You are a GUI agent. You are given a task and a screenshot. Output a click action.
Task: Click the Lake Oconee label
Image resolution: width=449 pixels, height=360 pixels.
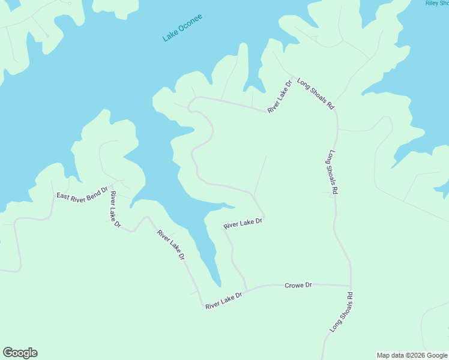tap(182, 27)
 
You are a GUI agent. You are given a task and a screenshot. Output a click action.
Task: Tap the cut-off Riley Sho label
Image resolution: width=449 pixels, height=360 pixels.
tap(436, 3)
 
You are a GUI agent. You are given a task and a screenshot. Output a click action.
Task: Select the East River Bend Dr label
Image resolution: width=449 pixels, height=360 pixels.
tap(82, 193)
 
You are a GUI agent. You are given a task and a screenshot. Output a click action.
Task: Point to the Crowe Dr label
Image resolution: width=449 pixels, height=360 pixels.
tap(298, 285)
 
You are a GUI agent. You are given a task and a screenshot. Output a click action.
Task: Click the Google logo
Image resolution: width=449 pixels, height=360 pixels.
tap(20, 353)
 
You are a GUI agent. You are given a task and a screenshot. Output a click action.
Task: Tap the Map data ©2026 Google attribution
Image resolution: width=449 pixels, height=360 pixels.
tap(412, 355)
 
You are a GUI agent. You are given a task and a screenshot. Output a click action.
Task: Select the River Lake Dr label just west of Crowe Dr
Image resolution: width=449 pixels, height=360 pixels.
tap(223, 301)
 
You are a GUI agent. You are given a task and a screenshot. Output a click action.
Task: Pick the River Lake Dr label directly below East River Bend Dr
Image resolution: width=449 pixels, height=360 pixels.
tap(115, 209)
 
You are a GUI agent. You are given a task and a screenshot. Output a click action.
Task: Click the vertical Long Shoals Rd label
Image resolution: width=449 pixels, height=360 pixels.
tap(332, 172)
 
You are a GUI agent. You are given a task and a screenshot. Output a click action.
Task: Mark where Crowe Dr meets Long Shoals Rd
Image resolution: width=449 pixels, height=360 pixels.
tap(351, 286)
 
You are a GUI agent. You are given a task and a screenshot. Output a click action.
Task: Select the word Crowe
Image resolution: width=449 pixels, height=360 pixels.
tap(294, 285)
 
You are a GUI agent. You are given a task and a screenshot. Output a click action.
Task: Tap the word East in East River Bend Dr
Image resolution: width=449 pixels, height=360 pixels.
tap(63, 196)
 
